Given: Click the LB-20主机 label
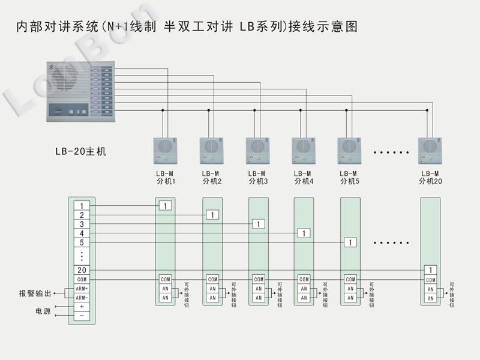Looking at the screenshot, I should click(x=80, y=151).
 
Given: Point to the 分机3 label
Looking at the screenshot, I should click(x=257, y=181).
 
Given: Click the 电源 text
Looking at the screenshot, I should click(x=43, y=312).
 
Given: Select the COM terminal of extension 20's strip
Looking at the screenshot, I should click(x=430, y=280).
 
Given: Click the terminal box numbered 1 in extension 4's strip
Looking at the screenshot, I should click(x=304, y=233).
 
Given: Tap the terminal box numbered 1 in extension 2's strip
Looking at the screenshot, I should click(x=211, y=214).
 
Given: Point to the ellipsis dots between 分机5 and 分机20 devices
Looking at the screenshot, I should click(x=391, y=152).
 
